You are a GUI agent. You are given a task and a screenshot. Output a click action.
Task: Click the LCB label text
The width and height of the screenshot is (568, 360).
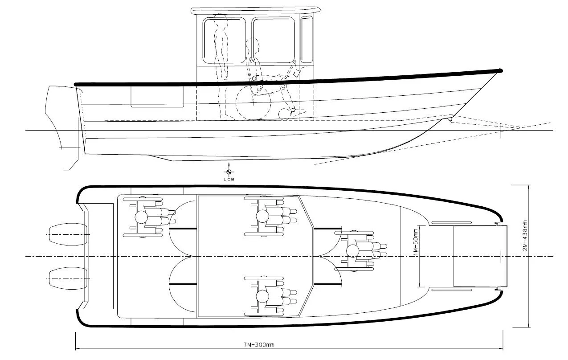pos(228,179)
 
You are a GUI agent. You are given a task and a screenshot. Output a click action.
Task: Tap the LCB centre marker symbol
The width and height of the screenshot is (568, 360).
pos(228,172)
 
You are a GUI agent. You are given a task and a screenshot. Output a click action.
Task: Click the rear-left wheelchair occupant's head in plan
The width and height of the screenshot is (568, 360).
pos(141,217)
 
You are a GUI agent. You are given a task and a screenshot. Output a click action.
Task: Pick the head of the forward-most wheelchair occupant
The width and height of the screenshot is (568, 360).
pos(353,251)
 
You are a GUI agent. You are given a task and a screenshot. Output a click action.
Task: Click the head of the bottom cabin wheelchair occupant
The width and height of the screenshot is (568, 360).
pos(262,296)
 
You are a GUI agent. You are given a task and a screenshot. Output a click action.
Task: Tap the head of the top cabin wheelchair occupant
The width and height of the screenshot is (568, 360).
pos(262,217)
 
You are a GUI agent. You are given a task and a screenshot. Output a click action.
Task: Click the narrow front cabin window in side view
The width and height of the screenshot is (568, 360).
pos(306,39)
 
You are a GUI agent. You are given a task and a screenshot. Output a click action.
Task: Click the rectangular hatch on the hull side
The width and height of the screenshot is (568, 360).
pos(157,97)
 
